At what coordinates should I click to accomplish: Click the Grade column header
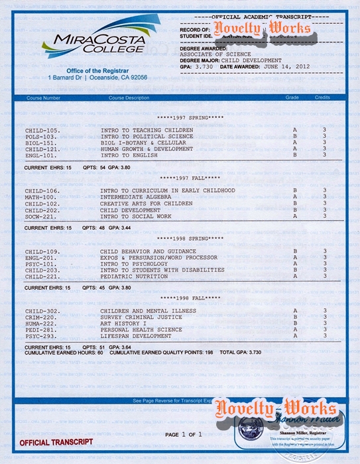(x=292, y=97)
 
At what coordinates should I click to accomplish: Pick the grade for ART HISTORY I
(x=294, y=323)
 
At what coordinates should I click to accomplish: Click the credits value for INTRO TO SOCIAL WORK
(x=324, y=215)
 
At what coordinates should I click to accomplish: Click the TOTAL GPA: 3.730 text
(x=241, y=353)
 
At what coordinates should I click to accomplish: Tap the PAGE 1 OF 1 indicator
(x=183, y=434)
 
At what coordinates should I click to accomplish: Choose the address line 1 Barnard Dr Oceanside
(x=97, y=78)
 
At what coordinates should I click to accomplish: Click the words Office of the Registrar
(x=97, y=70)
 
